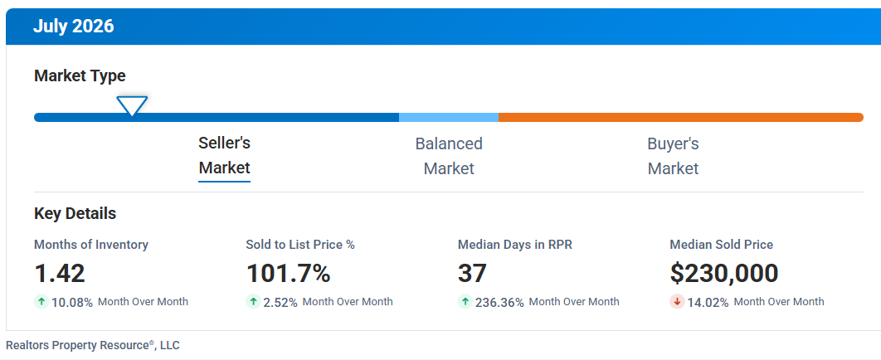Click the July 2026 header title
(x=73, y=26)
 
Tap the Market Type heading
(x=80, y=75)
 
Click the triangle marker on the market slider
(x=132, y=105)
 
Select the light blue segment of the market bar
(x=448, y=118)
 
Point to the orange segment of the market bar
(x=680, y=118)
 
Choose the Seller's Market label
(x=224, y=156)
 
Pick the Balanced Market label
(x=449, y=156)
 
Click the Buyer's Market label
(x=673, y=156)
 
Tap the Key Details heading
(x=75, y=214)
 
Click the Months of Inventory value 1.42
(x=60, y=274)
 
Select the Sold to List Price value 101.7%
(x=288, y=274)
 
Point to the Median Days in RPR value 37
(x=472, y=274)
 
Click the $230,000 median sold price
(x=723, y=274)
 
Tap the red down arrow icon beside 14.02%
(x=677, y=302)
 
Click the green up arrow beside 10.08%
(x=41, y=302)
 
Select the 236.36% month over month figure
(x=499, y=302)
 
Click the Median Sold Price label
(x=722, y=245)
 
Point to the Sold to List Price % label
(x=300, y=245)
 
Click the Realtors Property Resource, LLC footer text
(x=93, y=345)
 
